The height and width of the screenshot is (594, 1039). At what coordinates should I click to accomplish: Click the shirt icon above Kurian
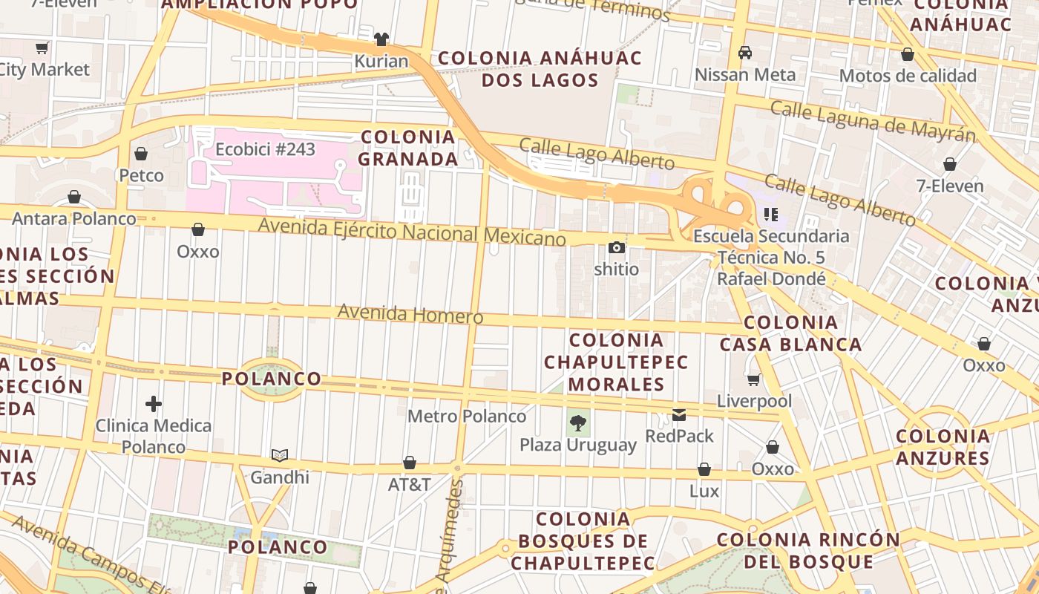[x=381, y=39]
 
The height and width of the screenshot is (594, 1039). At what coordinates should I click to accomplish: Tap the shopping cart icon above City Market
[x=42, y=48]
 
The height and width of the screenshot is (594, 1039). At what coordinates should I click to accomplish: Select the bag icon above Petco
[x=141, y=154]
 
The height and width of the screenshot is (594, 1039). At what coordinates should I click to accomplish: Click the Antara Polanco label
[x=74, y=218]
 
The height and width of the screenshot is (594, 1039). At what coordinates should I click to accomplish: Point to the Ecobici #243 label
[x=265, y=149]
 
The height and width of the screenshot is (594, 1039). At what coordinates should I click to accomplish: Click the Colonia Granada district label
[x=408, y=148]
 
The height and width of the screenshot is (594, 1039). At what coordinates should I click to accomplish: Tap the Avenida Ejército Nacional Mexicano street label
[x=412, y=231]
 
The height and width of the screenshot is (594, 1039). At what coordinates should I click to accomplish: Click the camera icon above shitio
[x=616, y=247]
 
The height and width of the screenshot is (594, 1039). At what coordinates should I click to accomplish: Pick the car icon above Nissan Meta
[x=744, y=53]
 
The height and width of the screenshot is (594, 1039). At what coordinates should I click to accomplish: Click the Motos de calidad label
[x=908, y=76]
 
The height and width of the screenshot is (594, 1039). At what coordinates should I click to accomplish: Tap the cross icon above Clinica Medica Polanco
[x=154, y=404]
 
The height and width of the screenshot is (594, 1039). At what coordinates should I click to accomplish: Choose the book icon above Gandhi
[x=279, y=455]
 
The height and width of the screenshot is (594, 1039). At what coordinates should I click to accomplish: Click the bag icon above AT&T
[x=409, y=463]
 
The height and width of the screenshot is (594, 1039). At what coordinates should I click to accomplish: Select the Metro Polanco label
[x=467, y=416]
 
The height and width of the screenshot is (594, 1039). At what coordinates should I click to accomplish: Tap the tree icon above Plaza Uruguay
[x=577, y=423]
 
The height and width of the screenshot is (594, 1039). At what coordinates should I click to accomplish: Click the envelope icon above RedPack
[x=679, y=414]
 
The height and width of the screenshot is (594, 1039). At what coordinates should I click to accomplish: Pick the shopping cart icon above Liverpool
[x=754, y=379]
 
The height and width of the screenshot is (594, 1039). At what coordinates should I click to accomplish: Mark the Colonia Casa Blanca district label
[x=791, y=333]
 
